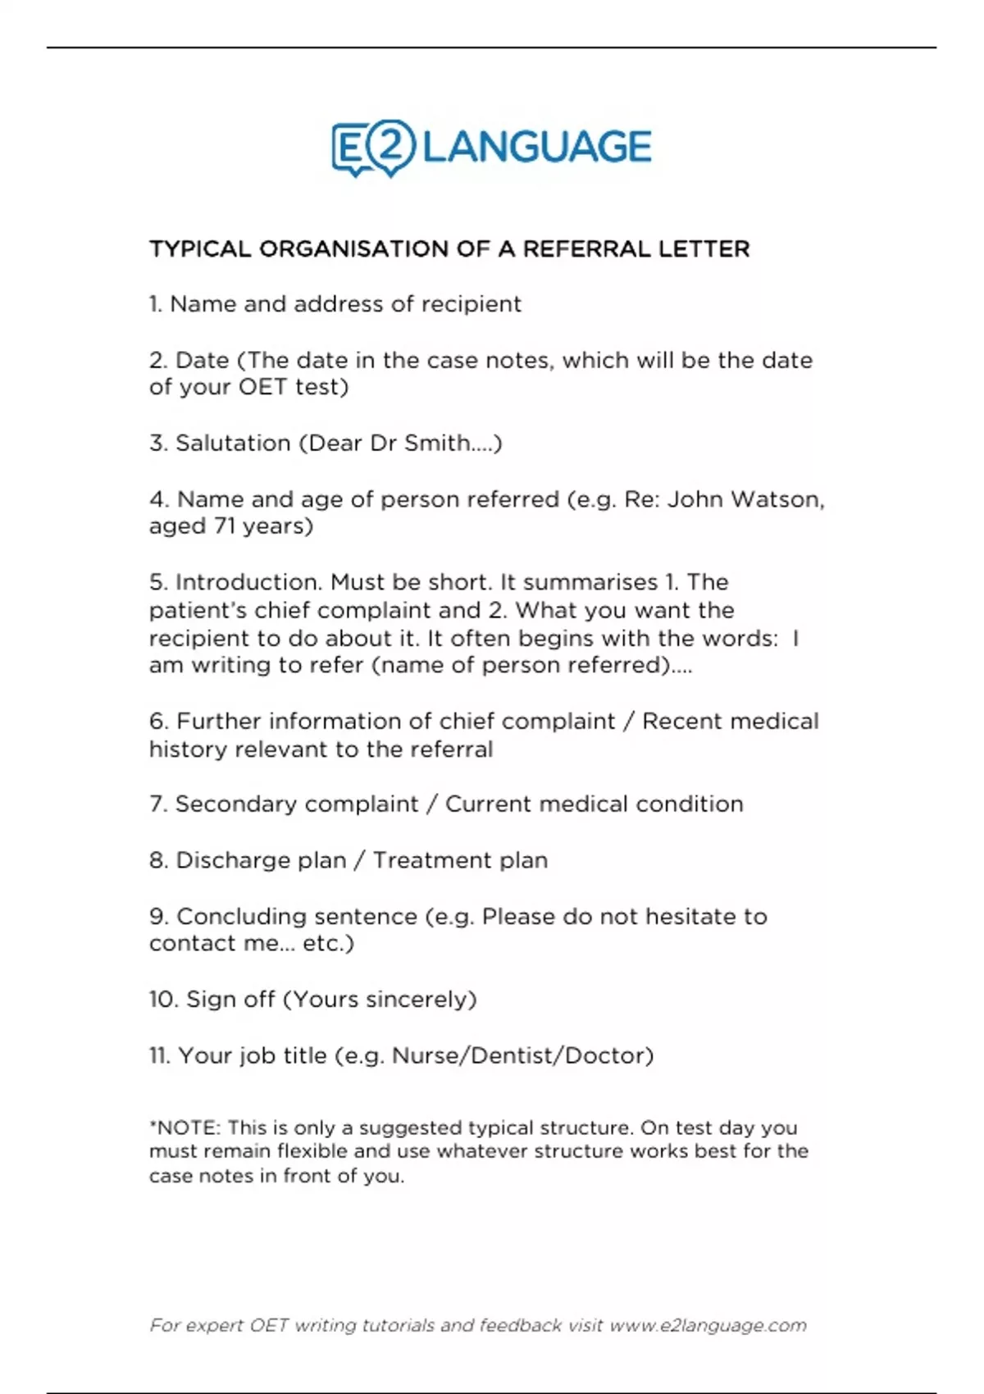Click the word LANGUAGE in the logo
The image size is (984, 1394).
point(537,148)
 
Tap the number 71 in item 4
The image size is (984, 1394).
point(225,526)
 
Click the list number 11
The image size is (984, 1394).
point(159,1055)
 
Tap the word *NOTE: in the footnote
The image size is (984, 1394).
point(184,1128)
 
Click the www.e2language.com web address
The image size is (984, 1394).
point(708,1326)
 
